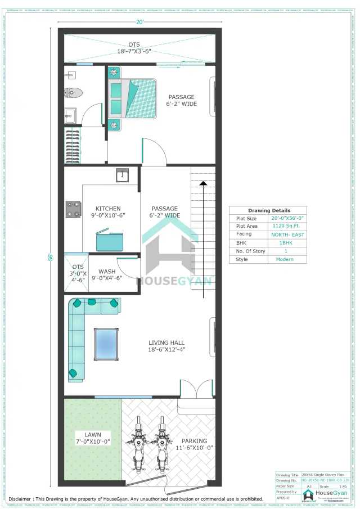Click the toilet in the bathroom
(x=73, y=92)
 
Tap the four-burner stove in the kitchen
(x=73, y=209)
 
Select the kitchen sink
(x=123, y=175)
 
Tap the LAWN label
(x=93, y=435)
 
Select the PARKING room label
(x=195, y=441)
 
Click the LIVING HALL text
(x=166, y=343)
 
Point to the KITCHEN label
(x=108, y=209)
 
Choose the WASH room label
(x=106, y=272)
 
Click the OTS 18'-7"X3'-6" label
(x=134, y=47)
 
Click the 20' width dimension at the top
(x=139, y=22)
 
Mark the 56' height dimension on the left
(x=49, y=257)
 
